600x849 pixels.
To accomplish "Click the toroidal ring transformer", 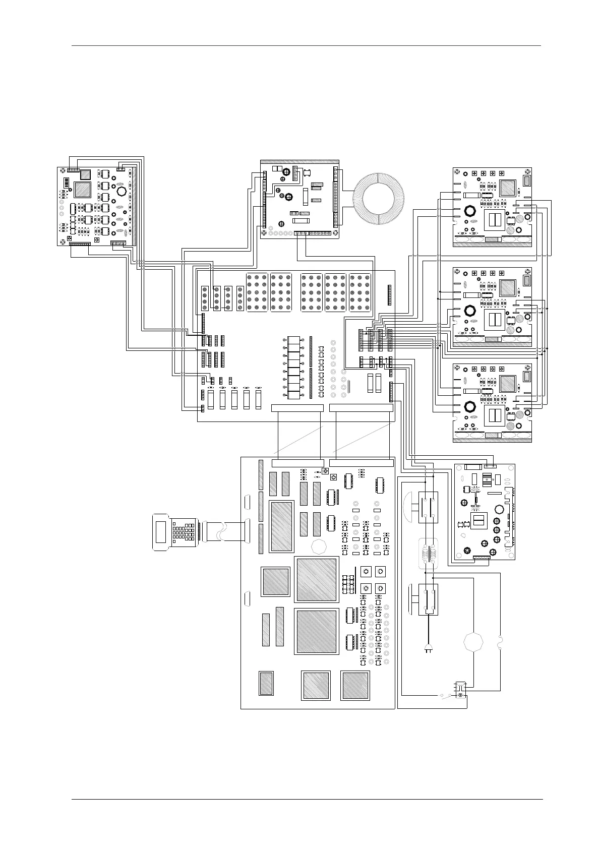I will click(x=378, y=200).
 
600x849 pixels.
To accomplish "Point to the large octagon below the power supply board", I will click(x=473, y=642).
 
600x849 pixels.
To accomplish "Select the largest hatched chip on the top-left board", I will click(x=83, y=190).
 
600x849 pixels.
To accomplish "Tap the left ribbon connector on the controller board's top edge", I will click(x=297, y=463).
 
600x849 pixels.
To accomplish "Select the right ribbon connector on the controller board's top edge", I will click(x=361, y=463).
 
